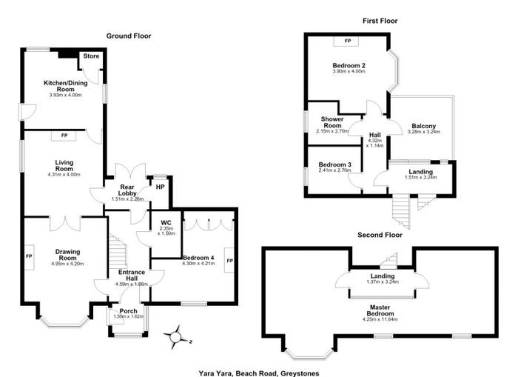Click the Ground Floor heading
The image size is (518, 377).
click(x=129, y=36)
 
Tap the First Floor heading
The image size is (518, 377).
click(x=380, y=21)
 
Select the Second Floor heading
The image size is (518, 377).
click(x=380, y=235)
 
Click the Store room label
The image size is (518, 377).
click(x=91, y=56)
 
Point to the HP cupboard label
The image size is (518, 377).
click(x=161, y=187)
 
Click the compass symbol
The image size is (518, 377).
click(x=176, y=337)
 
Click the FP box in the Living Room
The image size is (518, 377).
click(x=64, y=136)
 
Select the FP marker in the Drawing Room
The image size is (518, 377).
click(x=29, y=256)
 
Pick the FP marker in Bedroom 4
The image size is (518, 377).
click(x=229, y=260)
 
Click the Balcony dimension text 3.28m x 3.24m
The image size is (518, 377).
click(x=424, y=132)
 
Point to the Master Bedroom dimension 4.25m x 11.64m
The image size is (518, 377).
click(x=380, y=319)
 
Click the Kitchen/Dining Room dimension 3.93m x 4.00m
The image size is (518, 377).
click(x=65, y=95)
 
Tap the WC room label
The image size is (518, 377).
click(x=166, y=223)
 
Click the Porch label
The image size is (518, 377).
click(x=128, y=311)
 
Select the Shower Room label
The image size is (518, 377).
click(x=332, y=122)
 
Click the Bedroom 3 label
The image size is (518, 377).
click(x=334, y=164)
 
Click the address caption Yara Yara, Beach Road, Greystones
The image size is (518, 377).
click(x=259, y=373)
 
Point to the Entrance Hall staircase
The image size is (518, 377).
click(x=118, y=251)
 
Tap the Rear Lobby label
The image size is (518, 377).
click(x=127, y=190)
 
